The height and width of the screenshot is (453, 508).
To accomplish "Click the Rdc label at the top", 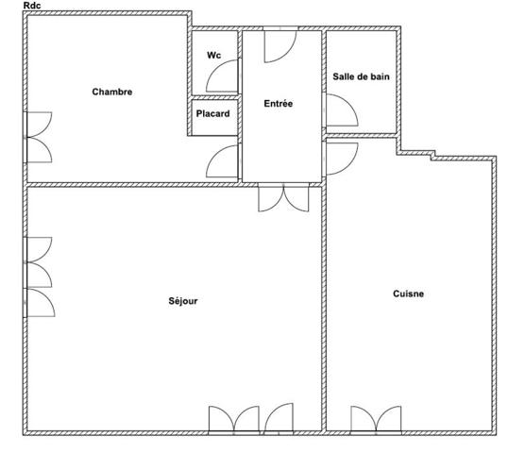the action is click(x=32, y=6).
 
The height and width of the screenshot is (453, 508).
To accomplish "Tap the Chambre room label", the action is click(x=112, y=92).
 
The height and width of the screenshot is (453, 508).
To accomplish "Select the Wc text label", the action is click(x=213, y=55).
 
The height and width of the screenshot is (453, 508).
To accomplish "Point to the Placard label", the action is click(x=212, y=113).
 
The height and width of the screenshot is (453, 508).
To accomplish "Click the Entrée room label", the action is click(x=279, y=104).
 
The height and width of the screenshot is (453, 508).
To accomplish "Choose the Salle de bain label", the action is click(x=361, y=76).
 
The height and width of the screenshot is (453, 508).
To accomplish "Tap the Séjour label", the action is click(x=183, y=301).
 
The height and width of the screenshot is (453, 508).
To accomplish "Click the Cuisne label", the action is click(x=408, y=294).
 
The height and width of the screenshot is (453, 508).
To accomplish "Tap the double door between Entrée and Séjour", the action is click(x=283, y=198).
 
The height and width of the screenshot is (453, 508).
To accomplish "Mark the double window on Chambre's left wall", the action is click(x=38, y=137).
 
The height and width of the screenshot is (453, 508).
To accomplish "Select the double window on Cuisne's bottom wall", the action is click(x=376, y=420).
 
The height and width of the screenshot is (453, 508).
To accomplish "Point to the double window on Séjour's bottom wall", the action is click(x=233, y=420).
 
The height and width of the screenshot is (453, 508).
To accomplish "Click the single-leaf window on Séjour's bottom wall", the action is click(x=279, y=418).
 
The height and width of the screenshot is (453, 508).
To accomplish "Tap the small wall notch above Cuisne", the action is click(x=432, y=156).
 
